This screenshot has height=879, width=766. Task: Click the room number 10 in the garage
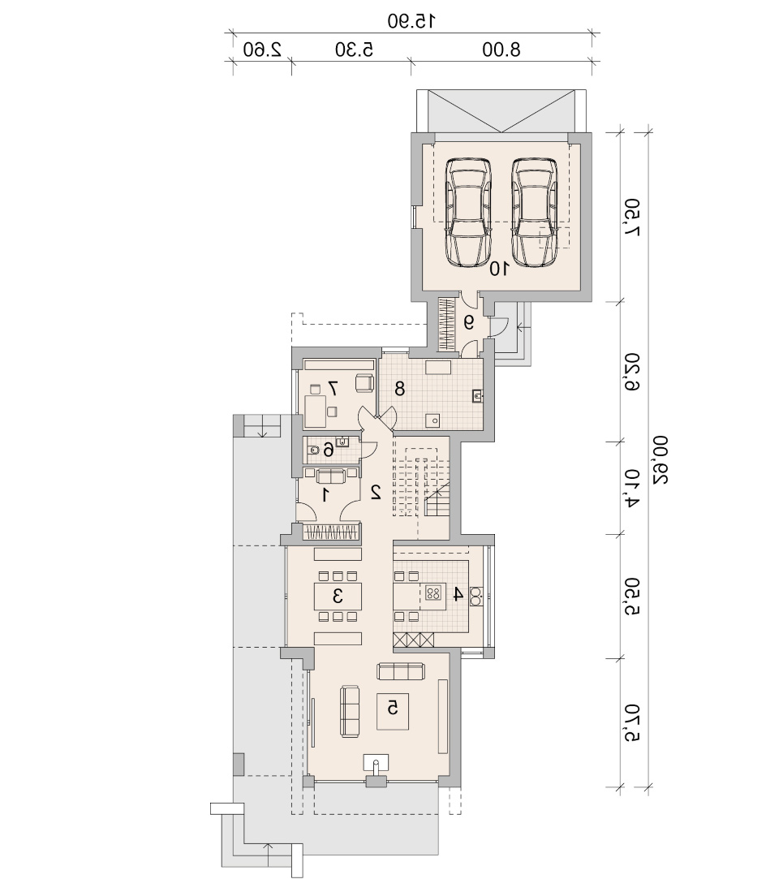499,269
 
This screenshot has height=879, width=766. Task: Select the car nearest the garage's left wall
468,212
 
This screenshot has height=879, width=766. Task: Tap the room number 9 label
468,322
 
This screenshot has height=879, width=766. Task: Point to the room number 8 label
399,388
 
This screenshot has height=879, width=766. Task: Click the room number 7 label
333,387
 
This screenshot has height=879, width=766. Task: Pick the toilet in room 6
314,450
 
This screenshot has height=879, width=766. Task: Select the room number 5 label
393,708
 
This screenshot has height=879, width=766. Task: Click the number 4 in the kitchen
458,593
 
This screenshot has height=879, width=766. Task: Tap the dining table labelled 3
338,596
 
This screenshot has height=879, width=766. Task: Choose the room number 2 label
376,492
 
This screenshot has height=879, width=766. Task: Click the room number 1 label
325,494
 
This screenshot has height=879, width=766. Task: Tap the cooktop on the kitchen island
433,592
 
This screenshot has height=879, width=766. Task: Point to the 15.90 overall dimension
412,21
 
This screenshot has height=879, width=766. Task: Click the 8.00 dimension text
501,50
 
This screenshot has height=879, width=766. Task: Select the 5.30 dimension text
354,50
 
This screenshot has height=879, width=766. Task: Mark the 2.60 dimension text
262,50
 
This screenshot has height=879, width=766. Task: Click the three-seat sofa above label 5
401,671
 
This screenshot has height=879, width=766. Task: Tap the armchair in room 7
364,382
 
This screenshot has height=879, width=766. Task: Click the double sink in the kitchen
476,597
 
